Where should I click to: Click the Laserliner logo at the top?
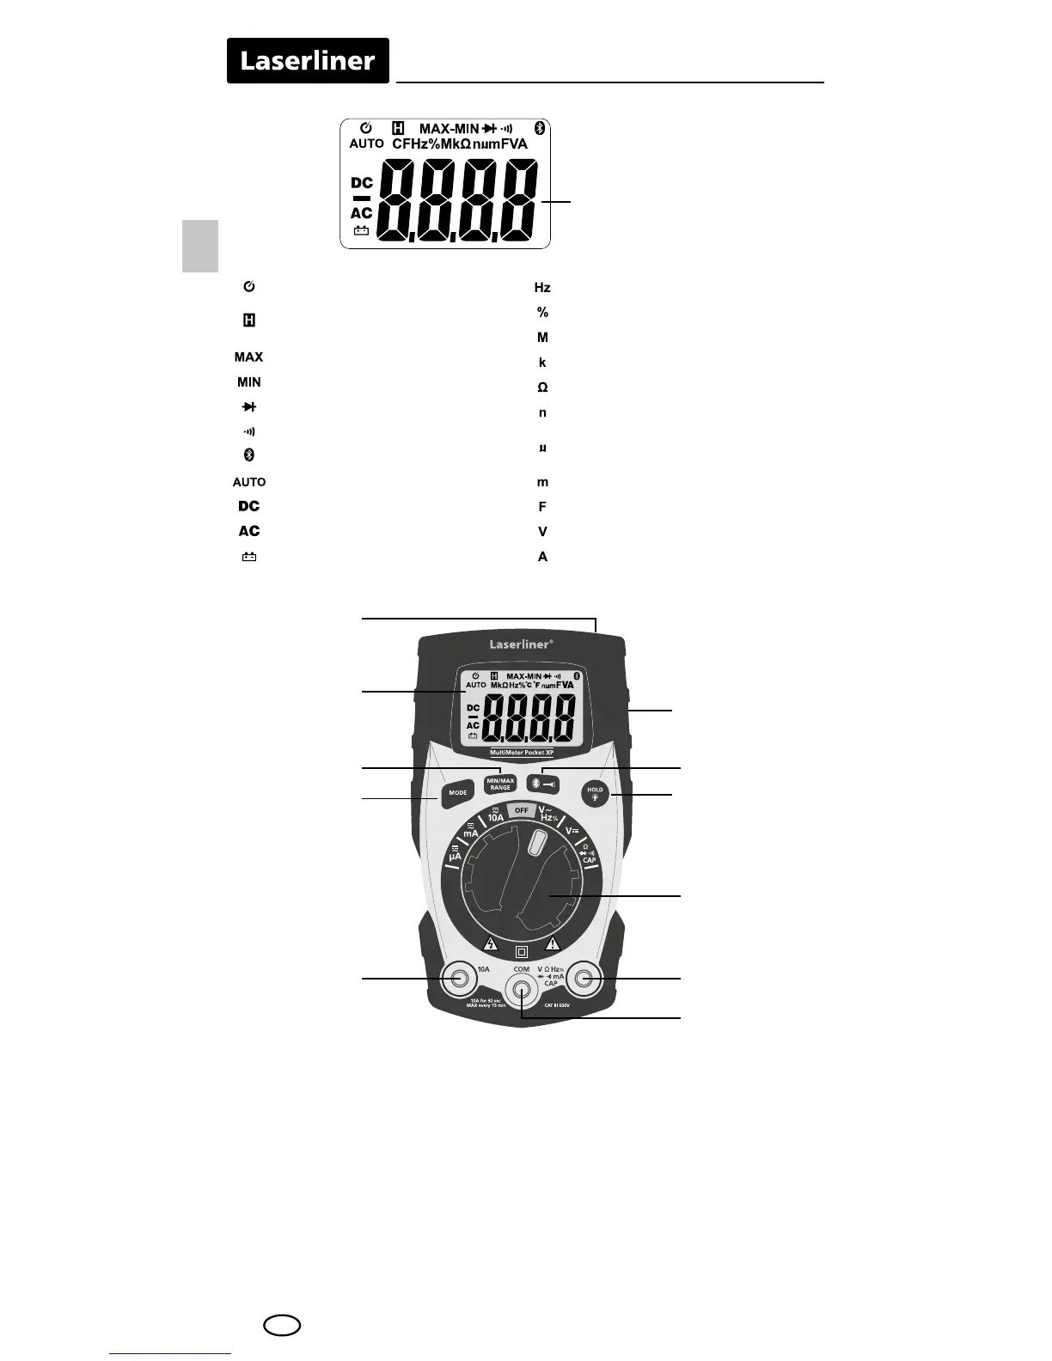[308, 61]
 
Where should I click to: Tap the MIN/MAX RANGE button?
[499, 784]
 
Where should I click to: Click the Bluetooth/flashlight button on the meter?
[542, 784]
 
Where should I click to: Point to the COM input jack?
[521, 990]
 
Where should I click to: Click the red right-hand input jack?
[585, 978]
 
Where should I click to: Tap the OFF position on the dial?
[521, 810]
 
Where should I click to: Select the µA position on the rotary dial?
[455, 855]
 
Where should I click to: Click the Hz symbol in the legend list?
[542, 288]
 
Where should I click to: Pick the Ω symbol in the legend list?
[542, 388]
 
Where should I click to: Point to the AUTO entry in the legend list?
[249, 482]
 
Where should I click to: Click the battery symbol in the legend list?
[249, 557]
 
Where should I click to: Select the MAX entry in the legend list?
[249, 357]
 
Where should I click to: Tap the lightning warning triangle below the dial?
[491, 943]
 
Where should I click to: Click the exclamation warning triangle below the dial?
[553, 943]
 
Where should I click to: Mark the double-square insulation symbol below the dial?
[521, 952]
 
